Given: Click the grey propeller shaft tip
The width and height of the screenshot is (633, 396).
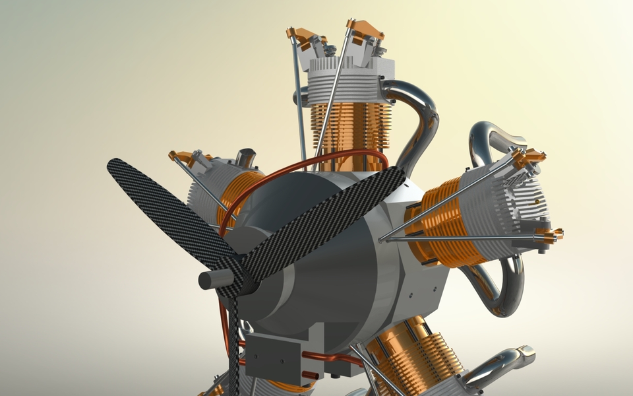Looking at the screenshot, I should pyautogui.click(x=210, y=280).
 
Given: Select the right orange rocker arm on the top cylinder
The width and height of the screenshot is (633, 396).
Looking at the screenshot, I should pyautogui.click(x=366, y=29).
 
